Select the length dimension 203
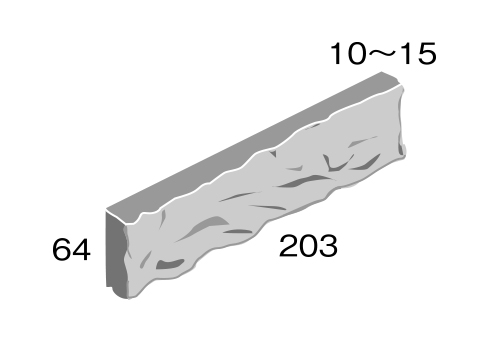[x=307, y=245]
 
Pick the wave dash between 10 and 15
[x=383, y=52]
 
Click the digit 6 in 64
[x=62, y=250]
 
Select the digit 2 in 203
[x=288, y=245]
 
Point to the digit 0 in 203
[x=307, y=245]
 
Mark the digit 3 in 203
[x=326, y=245]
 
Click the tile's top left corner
[x=107, y=210]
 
